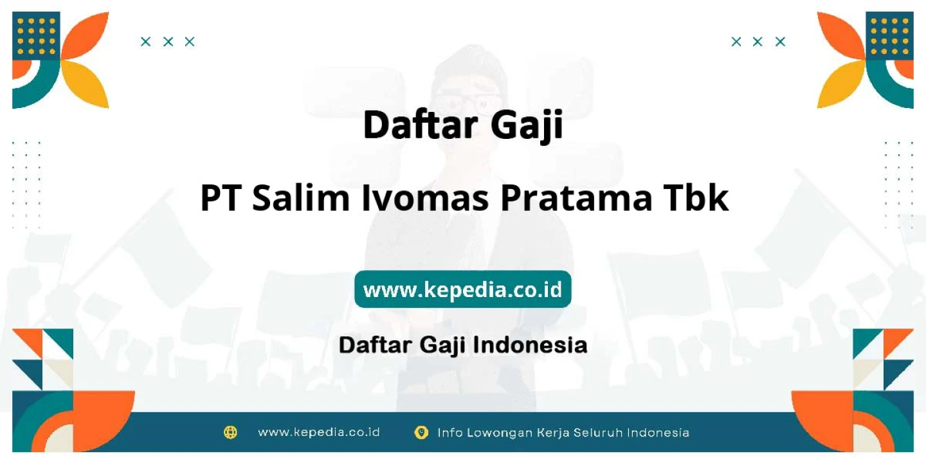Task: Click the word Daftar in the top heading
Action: click(x=421, y=125)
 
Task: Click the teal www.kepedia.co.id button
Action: click(x=462, y=289)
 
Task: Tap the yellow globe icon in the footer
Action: click(x=230, y=432)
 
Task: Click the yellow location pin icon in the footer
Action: click(x=421, y=432)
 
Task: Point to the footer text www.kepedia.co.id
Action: click(x=319, y=432)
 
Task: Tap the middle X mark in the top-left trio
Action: click(x=168, y=41)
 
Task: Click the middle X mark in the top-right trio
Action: click(x=758, y=41)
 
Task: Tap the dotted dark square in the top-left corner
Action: click(x=37, y=36)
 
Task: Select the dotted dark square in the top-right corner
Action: click(x=889, y=36)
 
